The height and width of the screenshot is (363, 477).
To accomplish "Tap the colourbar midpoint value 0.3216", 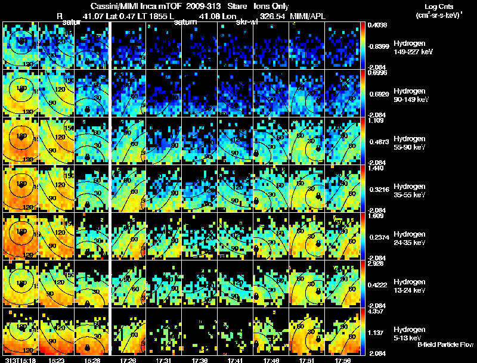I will pyautogui.click(x=378, y=189).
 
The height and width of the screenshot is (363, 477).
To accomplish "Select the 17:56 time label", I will pyautogui.click(x=342, y=359).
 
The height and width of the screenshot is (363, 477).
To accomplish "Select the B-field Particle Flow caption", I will pyautogui.click(x=445, y=345).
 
